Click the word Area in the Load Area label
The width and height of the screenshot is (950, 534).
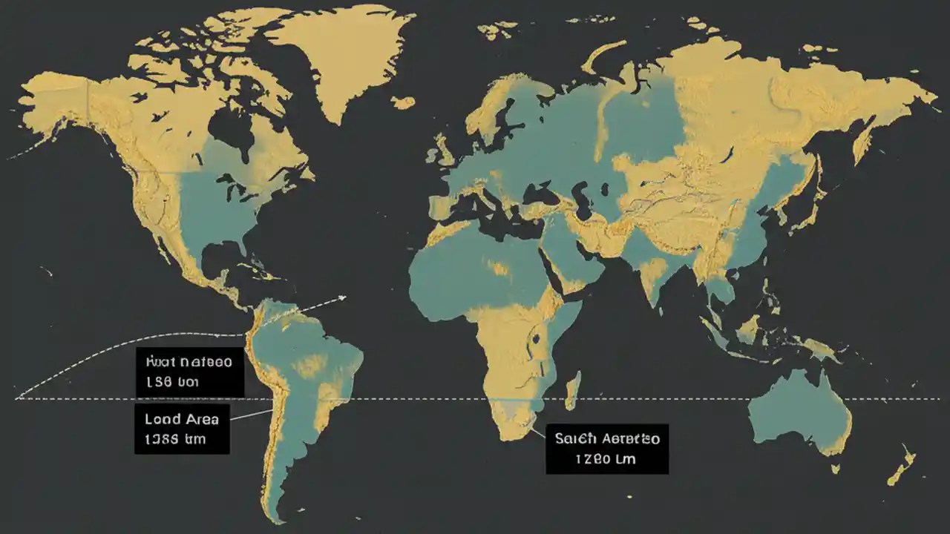point(199,419)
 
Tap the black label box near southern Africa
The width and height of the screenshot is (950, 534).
point(607,449)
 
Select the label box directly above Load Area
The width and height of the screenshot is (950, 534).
point(189,372)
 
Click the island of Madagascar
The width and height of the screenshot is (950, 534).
point(571,391)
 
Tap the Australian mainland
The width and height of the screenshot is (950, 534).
point(798,408)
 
